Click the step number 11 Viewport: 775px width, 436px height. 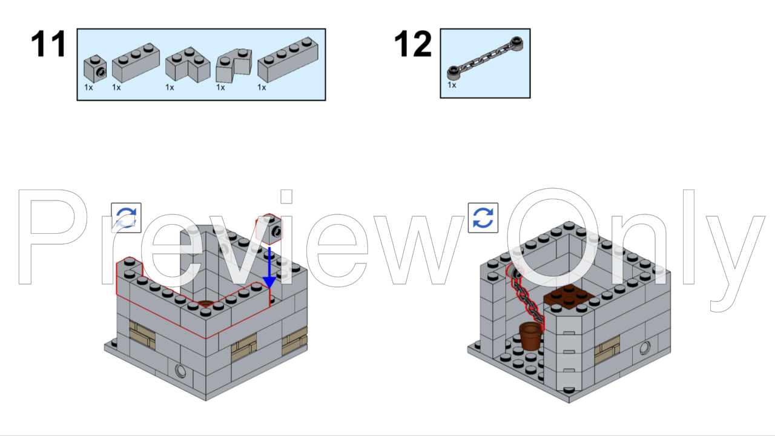(x=48, y=44)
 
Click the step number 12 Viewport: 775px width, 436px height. (x=413, y=44)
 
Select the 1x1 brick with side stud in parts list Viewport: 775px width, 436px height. (x=95, y=68)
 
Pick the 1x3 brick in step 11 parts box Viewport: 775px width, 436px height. (x=135, y=63)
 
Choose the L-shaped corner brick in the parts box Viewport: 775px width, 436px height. (x=187, y=65)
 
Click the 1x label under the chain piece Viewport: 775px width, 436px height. (x=452, y=85)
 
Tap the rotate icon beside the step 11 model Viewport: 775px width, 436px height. (x=126, y=218)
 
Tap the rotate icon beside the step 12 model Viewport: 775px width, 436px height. (x=483, y=218)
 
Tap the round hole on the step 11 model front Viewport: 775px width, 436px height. (x=180, y=371)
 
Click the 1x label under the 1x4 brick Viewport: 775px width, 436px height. (x=262, y=88)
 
